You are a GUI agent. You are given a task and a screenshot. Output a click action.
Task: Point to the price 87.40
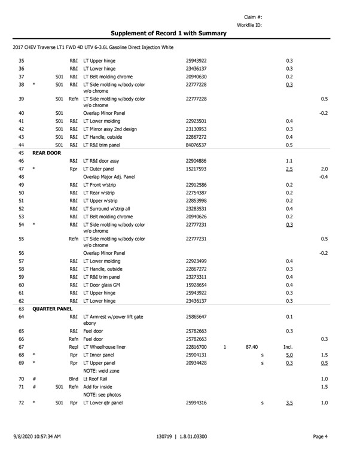point(251,347)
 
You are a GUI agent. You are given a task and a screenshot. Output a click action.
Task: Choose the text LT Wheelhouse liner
point(108,347)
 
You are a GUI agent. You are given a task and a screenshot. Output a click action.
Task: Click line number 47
point(21,169)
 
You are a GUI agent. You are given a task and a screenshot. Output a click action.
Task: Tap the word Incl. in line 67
point(287,347)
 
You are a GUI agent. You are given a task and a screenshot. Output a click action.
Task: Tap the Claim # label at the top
point(254,17)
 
